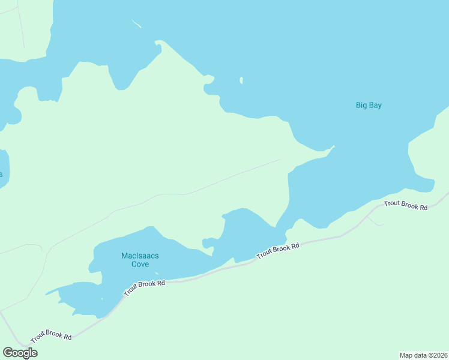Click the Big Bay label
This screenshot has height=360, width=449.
point(369,106)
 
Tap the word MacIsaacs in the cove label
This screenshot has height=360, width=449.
point(140,256)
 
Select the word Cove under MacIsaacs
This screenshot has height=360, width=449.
point(140,264)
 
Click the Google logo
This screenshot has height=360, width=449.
point(20,352)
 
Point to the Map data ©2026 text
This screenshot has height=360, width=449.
point(423,355)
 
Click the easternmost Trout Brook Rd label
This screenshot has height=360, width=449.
point(406,205)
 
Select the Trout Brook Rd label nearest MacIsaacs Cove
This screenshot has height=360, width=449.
point(144,286)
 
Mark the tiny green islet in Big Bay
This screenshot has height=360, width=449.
point(241,80)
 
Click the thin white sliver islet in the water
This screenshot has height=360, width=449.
point(137,24)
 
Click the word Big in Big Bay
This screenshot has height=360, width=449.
point(361,106)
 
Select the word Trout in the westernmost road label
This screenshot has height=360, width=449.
point(39,334)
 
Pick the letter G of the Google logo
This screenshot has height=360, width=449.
point(8,352)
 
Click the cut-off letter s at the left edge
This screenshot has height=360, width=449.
point(1,175)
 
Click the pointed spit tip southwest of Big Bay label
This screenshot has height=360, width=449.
point(333,146)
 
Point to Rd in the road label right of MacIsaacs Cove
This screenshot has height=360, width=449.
point(295,246)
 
